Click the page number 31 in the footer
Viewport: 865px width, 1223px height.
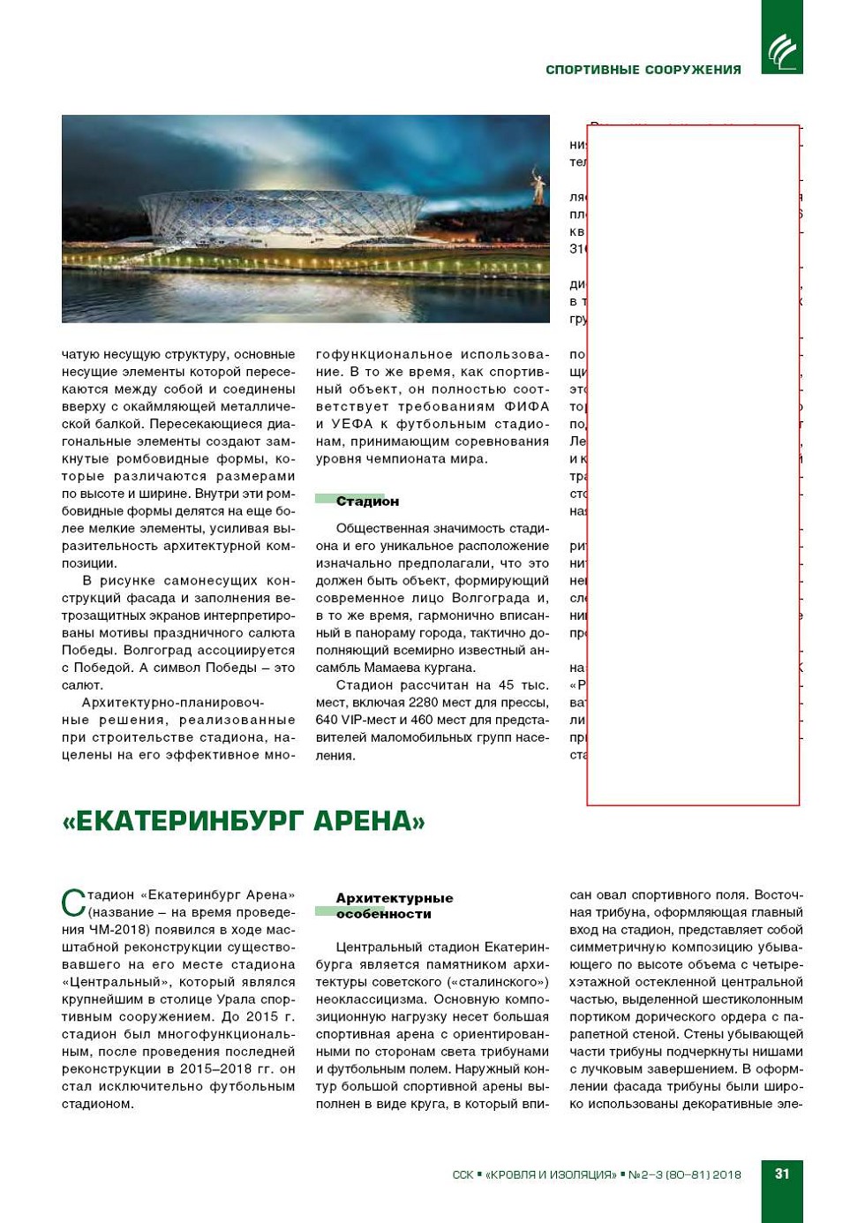[782, 1174]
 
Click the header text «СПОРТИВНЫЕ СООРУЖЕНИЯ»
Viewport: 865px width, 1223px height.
[643, 70]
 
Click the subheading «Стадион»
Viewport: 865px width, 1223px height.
[367, 502]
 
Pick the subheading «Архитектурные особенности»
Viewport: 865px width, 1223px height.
[394, 906]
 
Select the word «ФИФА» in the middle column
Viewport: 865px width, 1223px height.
[527, 407]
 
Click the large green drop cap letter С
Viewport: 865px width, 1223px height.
[73, 903]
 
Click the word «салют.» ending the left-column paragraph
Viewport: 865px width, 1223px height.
[83, 685]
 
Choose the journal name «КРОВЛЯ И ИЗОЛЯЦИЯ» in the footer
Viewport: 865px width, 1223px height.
[551, 1174]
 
